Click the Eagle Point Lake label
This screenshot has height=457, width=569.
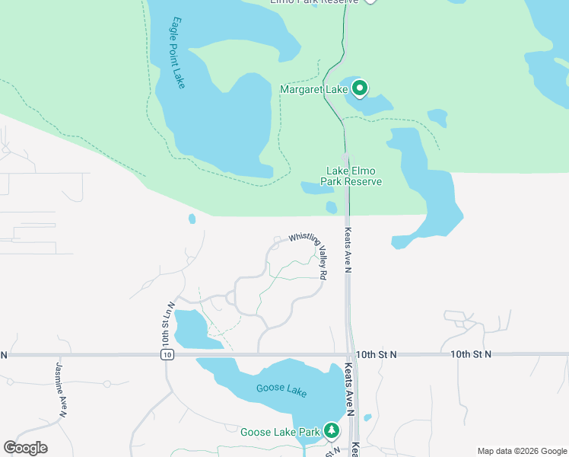[178, 53]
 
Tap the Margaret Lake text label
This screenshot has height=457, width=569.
[314, 90]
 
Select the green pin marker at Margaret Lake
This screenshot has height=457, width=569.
[359, 89]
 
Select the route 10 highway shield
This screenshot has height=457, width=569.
[167, 355]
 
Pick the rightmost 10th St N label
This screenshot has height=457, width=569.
[471, 354]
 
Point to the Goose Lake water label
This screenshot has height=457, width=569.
[281, 390]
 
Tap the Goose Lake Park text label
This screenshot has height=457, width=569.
[280, 432]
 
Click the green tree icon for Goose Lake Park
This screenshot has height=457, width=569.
[332, 431]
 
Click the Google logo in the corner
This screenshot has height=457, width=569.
[25, 448]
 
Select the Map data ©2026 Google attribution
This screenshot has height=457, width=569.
[522, 451]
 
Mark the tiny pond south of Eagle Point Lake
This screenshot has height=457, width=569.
[192, 219]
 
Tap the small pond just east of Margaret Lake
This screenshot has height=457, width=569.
[437, 117]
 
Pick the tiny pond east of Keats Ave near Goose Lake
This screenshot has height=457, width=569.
[368, 417]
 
